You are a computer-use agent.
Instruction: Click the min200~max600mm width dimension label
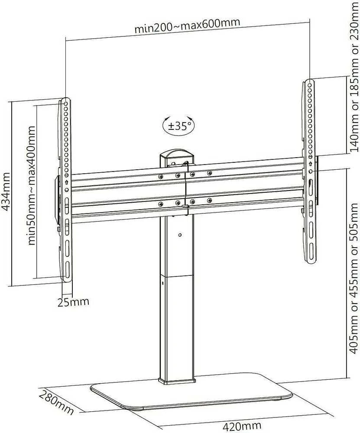pos(187,25)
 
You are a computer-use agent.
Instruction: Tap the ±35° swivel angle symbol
pos(179,126)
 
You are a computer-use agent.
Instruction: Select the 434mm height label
pos(6,191)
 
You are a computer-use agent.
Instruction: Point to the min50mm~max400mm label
pos(32,186)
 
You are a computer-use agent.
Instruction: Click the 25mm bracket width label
pos(73,302)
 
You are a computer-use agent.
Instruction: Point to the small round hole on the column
pos(180,235)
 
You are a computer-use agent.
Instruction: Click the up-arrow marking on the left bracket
pos(67,183)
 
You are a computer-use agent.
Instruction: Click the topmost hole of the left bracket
pos(66,104)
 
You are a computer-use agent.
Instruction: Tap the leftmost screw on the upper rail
pos(160,176)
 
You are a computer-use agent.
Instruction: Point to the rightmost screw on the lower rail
pos(209,200)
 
